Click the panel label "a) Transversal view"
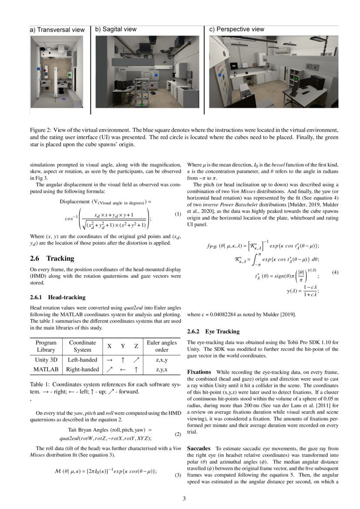(57, 30)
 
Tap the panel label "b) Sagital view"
(116, 30)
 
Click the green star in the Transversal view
(70, 75)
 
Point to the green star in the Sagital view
(141, 104)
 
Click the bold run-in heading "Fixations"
(199, 372)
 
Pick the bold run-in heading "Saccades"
(199, 448)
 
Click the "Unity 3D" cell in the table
(46, 360)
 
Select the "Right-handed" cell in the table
(82, 370)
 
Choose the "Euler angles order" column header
(161, 346)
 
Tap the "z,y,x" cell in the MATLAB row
(161, 370)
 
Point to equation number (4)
(335, 272)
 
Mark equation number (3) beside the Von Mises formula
(178, 475)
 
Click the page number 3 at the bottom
(184, 499)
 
